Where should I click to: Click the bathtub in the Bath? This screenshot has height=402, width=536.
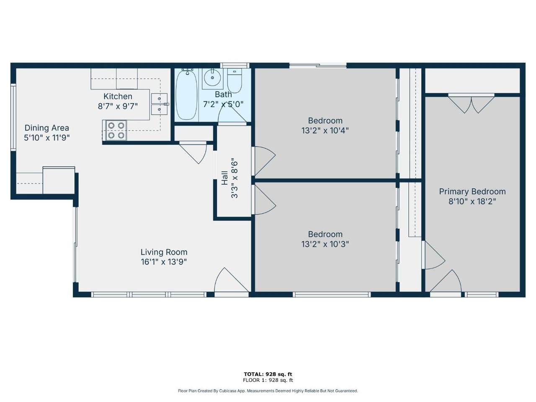(x=186, y=95)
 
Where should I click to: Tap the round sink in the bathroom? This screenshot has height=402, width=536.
(x=213, y=78)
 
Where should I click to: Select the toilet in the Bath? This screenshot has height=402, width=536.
(x=235, y=80)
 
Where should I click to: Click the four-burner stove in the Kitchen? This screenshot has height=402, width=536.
(x=116, y=130)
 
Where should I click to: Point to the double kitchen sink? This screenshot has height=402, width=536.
(x=159, y=104)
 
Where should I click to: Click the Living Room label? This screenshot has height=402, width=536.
(x=164, y=252)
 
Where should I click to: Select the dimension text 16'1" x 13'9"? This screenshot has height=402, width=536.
(x=164, y=262)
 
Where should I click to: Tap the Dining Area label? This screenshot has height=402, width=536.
(x=46, y=128)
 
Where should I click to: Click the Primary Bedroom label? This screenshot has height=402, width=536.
(x=472, y=191)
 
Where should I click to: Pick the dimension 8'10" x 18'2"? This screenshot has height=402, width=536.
(x=472, y=201)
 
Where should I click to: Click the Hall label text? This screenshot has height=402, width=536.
(x=225, y=178)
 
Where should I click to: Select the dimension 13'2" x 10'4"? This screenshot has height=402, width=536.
(x=325, y=131)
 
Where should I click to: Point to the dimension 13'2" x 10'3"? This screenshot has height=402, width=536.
(x=325, y=244)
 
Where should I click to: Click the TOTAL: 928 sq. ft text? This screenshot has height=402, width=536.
(x=268, y=374)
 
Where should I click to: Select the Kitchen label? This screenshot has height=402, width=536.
(x=118, y=96)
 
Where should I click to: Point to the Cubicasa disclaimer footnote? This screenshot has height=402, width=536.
(x=268, y=391)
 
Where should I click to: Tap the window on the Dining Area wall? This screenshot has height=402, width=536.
(x=13, y=117)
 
